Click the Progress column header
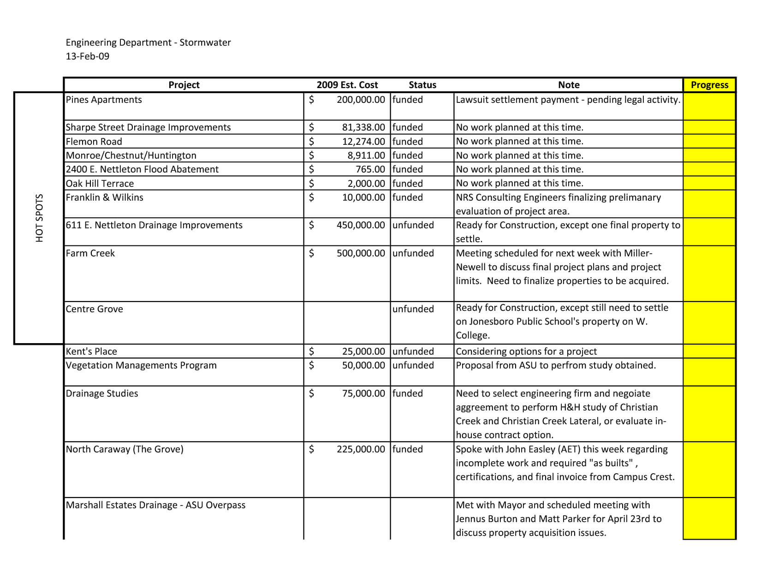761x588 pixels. (x=709, y=85)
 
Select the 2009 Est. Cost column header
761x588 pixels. (x=347, y=85)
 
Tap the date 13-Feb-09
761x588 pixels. (x=88, y=56)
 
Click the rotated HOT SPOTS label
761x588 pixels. (x=40, y=218)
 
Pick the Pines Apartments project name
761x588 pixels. (x=104, y=100)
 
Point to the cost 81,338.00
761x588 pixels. (x=363, y=127)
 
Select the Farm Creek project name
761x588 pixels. (x=90, y=253)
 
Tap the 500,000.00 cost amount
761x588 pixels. (x=361, y=253)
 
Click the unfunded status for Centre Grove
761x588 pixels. (x=413, y=309)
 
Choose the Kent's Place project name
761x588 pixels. (x=91, y=351)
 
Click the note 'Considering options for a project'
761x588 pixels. (x=526, y=351)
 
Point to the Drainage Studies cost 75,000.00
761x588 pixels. (x=363, y=393)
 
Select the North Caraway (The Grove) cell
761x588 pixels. (x=125, y=449)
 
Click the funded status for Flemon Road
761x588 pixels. (x=408, y=142)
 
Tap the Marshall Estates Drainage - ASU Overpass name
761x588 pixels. (x=155, y=505)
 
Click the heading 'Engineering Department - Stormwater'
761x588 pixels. (x=148, y=42)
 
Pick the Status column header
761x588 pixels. (x=422, y=85)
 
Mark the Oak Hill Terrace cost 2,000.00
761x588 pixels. (x=366, y=184)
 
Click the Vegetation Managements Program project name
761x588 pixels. (x=141, y=365)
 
